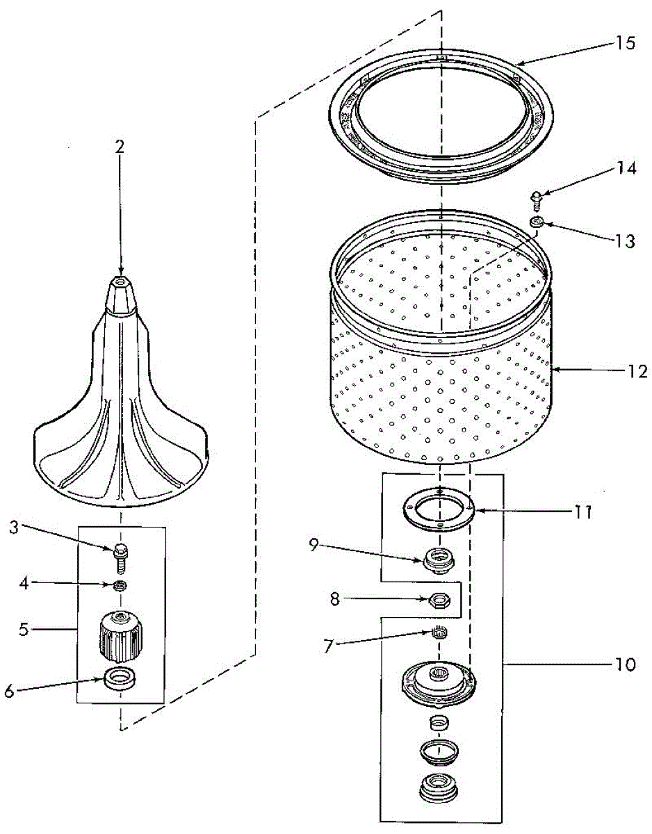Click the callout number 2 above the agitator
click(x=120, y=146)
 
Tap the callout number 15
click(x=625, y=43)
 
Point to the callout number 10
click(x=624, y=664)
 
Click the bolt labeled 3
click(x=120, y=555)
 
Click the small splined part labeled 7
click(x=439, y=632)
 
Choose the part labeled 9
click(x=439, y=559)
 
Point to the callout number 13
click(x=624, y=241)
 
